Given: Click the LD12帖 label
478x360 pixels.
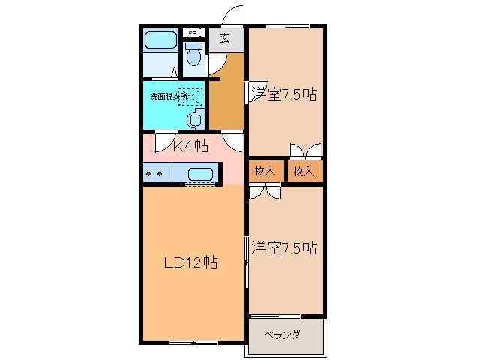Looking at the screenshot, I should [x=191, y=263].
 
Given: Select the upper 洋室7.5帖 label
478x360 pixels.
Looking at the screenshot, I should [x=284, y=94].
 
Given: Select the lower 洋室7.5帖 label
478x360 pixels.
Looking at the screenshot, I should [x=284, y=247].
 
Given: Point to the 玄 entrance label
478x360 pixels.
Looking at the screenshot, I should [x=224, y=39].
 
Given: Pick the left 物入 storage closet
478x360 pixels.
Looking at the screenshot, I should [x=265, y=172].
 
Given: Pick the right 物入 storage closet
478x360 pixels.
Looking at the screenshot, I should [x=304, y=172].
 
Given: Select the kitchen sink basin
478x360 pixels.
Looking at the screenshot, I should [x=201, y=175].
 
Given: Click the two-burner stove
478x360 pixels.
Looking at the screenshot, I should [x=154, y=174].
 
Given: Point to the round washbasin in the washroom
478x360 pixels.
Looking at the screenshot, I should [x=196, y=119].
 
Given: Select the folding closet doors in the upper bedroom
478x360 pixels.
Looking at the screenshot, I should [x=306, y=150].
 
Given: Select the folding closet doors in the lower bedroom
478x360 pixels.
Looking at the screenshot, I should [x=265, y=192].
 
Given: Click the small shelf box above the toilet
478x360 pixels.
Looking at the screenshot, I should [x=193, y=32].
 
